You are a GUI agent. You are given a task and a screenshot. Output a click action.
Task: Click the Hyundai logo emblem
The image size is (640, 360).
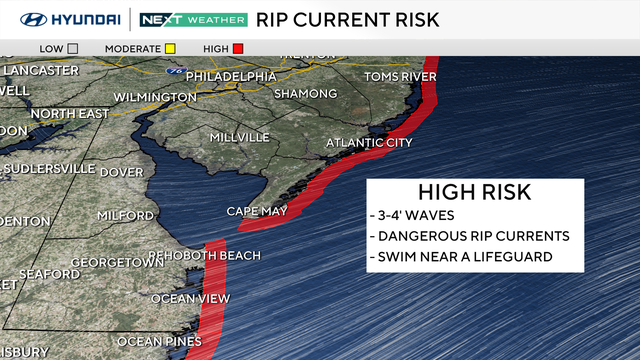click(x=31, y=19)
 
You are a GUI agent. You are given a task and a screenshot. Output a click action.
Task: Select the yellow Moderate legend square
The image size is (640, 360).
click(x=170, y=48)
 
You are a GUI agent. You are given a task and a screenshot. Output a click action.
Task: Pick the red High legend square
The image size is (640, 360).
click(x=238, y=48)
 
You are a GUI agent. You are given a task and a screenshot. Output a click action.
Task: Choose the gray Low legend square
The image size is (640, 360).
click(x=73, y=48)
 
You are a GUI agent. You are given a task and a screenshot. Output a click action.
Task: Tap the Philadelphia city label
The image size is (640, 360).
click(x=230, y=76)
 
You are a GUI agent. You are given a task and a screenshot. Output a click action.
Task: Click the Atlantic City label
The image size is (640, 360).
click(x=369, y=143)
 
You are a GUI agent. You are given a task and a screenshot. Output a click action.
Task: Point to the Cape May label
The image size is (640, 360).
click(x=256, y=211)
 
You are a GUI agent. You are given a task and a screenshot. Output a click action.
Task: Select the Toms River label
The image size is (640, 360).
click(x=400, y=77)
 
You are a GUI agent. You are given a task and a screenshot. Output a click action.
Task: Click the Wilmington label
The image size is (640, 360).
click(x=155, y=97)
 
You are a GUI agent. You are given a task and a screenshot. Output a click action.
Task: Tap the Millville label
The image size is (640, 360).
click(x=239, y=137)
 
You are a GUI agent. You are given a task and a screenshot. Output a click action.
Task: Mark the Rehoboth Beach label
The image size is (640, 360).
click(x=204, y=256)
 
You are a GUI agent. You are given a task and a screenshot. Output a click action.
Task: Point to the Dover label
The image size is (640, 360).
click(x=121, y=172)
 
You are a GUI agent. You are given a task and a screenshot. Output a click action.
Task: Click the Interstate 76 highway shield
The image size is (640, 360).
click(x=176, y=72)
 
